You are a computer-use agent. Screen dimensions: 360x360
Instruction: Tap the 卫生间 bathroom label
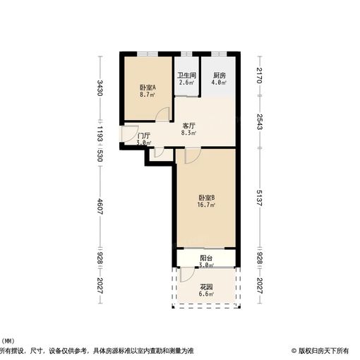pos(186,76)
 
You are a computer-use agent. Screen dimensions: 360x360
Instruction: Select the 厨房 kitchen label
pos(220,76)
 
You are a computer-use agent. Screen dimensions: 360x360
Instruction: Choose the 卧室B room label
pos(207,198)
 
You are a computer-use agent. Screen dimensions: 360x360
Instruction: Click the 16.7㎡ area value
pos(207,206)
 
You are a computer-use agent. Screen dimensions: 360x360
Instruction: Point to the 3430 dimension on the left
pos(101,89)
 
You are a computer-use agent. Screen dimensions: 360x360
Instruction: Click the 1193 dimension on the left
pos(101,134)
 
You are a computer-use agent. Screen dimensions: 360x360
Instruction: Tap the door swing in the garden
pos(186,274)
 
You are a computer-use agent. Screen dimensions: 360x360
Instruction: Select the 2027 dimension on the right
pos(259,286)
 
